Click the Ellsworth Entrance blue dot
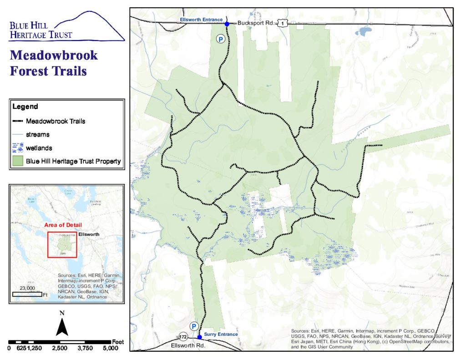pyautogui.click(x=227, y=23)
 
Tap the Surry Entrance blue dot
pyautogui.click(x=199, y=337)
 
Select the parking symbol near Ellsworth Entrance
pyautogui.click(x=221, y=40)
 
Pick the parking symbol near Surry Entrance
pyautogui.click(x=193, y=326)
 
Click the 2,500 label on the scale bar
pyautogui.click(x=60, y=348)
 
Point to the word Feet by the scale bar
pyautogui.click(x=118, y=341)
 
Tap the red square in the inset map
pyautogui.click(x=63, y=245)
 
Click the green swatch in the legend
pyautogui.click(x=18, y=161)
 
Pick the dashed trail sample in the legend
pyautogui.click(x=18, y=122)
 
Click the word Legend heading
pyautogui.click(x=25, y=107)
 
